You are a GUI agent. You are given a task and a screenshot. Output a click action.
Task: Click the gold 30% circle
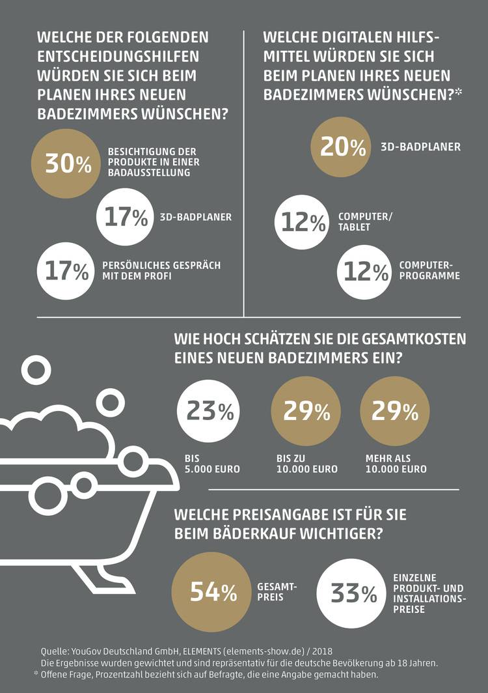pos(68,163)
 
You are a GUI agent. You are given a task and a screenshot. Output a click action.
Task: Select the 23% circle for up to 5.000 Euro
pos(210,411)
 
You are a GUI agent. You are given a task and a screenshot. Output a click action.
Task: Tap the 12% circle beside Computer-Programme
pos(366,270)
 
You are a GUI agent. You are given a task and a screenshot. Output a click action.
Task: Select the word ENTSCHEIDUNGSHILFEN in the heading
pos(119,57)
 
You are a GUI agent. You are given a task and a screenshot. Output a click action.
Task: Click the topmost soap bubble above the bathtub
pos(33,370)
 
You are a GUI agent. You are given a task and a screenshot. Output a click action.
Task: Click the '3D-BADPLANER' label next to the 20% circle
pos(420,147)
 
